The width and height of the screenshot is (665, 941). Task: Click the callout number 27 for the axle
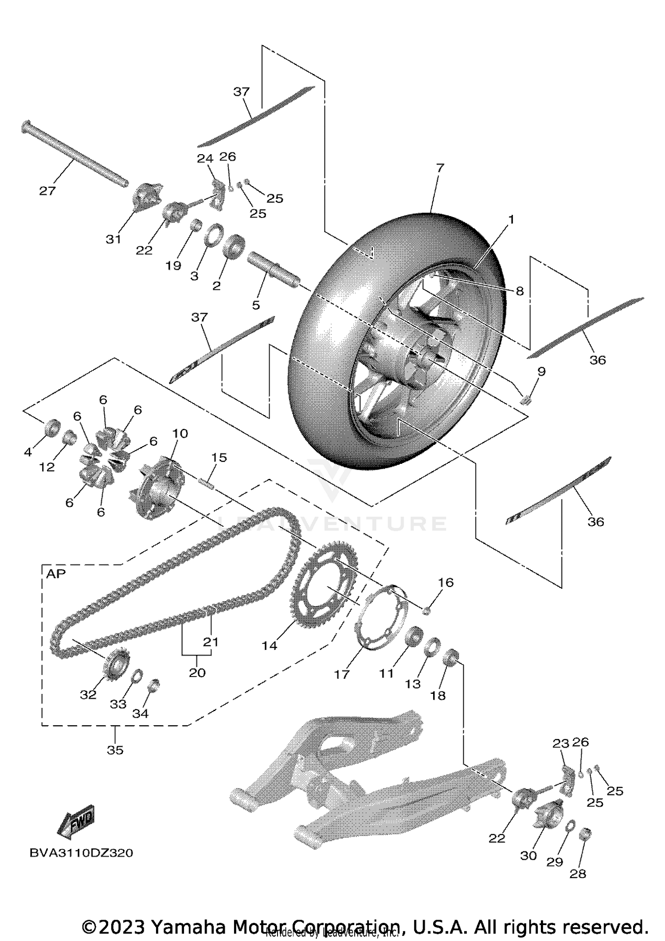tap(47, 191)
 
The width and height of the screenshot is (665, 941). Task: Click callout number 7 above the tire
tap(439, 168)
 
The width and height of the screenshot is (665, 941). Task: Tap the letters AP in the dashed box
tap(56, 574)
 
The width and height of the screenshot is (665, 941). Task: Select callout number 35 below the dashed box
tap(115, 750)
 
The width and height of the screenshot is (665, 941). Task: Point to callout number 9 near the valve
tap(541, 371)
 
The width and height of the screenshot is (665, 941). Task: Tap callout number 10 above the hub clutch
tap(180, 433)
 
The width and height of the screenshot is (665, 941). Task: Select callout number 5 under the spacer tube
tap(256, 305)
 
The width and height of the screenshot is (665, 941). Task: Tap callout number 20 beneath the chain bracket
tap(197, 673)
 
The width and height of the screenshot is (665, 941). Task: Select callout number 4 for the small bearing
tap(28, 452)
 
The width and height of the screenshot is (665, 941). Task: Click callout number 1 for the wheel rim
tap(511, 219)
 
